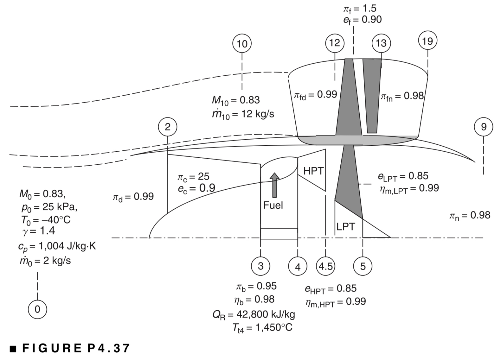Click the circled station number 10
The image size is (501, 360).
(x=242, y=44)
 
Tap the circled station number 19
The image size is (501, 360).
(x=427, y=41)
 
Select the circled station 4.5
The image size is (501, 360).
(x=325, y=266)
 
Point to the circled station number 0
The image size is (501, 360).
(x=37, y=309)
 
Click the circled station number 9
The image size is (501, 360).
(x=483, y=127)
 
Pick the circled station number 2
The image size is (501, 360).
(x=167, y=127)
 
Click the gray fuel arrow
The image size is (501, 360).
(x=274, y=185)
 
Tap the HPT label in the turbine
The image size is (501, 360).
(x=313, y=171)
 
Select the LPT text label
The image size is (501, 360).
(x=345, y=227)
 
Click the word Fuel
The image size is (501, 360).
(x=273, y=205)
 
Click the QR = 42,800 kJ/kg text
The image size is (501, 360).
(x=254, y=314)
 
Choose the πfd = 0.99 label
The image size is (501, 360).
(x=315, y=95)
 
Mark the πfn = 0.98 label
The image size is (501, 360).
(x=402, y=96)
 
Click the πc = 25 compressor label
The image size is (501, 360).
(x=193, y=177)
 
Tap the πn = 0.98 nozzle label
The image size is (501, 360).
(x=469, y=216)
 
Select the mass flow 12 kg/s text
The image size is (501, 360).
(x=243, y=114)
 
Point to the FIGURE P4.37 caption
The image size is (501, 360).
(x=70, y=348)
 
